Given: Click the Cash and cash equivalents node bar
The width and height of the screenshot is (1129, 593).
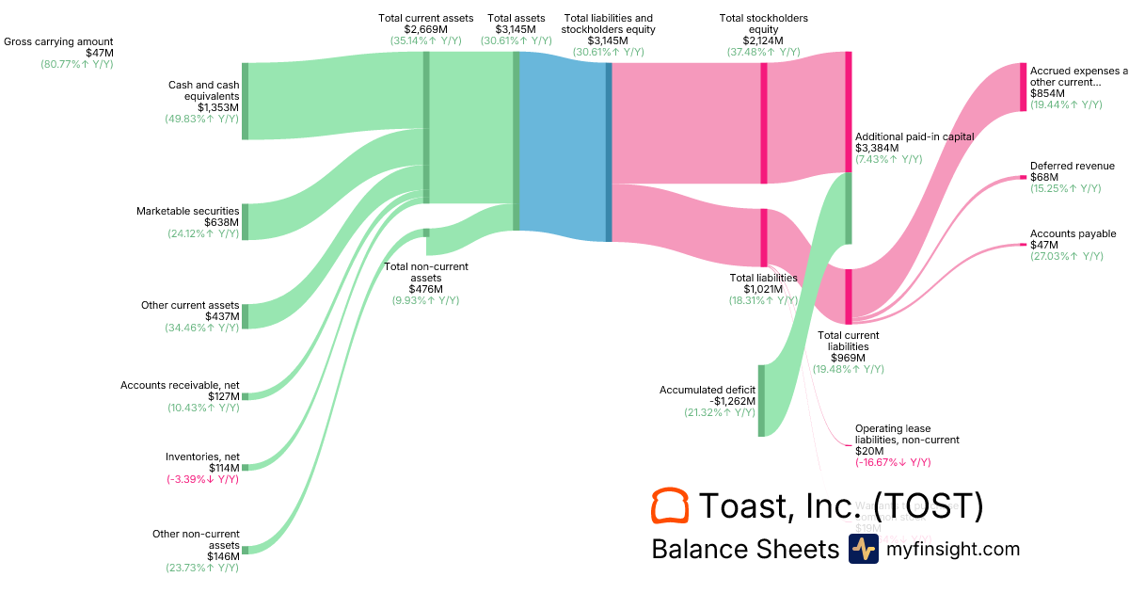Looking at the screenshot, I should [x=246, y=101].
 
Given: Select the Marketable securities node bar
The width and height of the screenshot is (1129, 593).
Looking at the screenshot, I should [x=246, y=221].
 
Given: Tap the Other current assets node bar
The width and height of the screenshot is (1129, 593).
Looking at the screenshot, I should [x=246, y=316].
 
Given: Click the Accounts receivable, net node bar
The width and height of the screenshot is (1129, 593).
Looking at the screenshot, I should [x=246, y=396].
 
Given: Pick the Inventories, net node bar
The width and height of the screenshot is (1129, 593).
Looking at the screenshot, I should [x=246, y=467].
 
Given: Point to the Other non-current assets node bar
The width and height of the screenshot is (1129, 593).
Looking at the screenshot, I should [x=246, y=550].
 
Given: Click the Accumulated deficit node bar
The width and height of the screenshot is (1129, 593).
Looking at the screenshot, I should [x=761, y=401].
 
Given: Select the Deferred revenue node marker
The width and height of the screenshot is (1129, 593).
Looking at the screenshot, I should [x=1023, y=177].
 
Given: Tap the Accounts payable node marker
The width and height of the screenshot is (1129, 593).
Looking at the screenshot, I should [x=1023, y=245].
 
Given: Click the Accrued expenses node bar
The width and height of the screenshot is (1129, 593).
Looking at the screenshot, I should [x=1023, y=87].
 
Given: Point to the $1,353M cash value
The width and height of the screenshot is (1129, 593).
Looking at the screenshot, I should [x=218, y=107].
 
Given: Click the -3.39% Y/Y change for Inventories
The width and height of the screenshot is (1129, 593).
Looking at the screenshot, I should [x=202, y=479].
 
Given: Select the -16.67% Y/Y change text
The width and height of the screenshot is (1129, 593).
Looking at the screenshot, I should [x=893, y=462].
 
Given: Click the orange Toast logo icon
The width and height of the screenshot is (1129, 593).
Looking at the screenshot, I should [x=670, y=505].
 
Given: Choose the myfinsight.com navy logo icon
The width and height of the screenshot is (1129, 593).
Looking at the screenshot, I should [x=863, y=549].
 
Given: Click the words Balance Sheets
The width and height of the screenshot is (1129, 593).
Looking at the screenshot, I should [x=744, y=549].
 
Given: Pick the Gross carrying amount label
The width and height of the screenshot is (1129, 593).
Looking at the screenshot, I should [x=58, y=41].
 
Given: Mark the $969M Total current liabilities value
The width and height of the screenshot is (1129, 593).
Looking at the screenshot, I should [x=849, y=358].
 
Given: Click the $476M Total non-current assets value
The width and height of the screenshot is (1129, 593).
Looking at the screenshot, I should [x=426, y=289].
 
